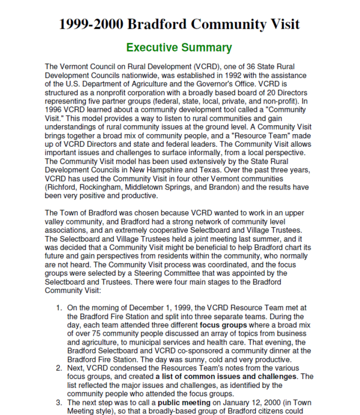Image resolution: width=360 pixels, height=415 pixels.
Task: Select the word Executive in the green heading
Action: [151, 48]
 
